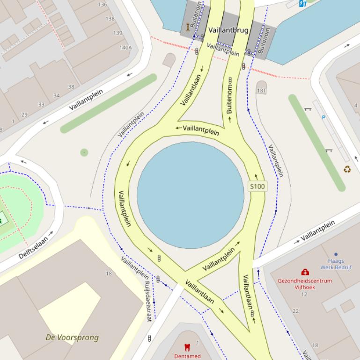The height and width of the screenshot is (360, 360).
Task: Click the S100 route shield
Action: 257,186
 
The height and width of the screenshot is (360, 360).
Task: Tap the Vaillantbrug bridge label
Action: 228,30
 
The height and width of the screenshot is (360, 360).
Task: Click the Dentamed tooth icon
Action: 187,347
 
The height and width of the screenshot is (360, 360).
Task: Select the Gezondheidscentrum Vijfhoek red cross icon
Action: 305,272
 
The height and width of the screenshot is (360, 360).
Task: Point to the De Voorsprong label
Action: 72,337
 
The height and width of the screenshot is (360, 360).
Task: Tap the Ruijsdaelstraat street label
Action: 148,301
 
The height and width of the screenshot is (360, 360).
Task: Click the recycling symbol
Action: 347,169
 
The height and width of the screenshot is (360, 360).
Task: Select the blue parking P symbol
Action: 323,117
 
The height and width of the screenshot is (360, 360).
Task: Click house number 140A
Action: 125,47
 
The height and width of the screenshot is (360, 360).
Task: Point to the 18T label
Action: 261,90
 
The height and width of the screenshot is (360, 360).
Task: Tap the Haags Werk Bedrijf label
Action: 336,264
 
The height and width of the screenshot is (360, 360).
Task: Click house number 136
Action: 103,4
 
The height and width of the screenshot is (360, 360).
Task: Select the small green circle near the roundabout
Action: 84,152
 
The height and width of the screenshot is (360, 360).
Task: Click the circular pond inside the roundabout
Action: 191,195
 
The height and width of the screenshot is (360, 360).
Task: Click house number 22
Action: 295,311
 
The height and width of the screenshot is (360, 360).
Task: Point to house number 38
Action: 71,86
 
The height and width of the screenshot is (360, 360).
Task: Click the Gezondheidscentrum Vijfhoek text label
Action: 305,284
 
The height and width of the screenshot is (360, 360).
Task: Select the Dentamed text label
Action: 187,356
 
